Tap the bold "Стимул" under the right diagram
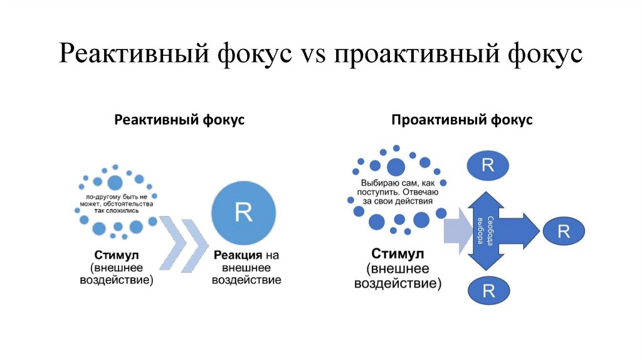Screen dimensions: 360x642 pos(397,255)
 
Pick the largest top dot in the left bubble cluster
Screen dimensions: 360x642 pos(115,183)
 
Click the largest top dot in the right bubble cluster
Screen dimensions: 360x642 pos(396,166)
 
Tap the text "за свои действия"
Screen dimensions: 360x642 pos(395,202)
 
